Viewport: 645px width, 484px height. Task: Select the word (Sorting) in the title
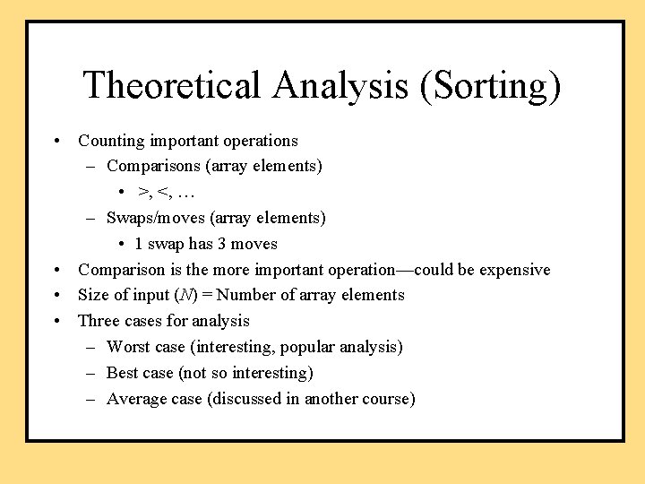(486, 85)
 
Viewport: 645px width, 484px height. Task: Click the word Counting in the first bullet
(110, 141)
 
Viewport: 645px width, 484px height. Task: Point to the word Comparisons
(149, 166)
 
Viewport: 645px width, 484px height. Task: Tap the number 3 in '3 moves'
(221, 244)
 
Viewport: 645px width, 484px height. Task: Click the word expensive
(515, 270)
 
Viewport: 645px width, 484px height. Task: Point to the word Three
(98, 321)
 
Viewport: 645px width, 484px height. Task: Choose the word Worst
(127, 347)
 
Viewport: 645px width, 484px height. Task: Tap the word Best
(122, 373)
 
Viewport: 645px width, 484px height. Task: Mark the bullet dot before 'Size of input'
(56, 296)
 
